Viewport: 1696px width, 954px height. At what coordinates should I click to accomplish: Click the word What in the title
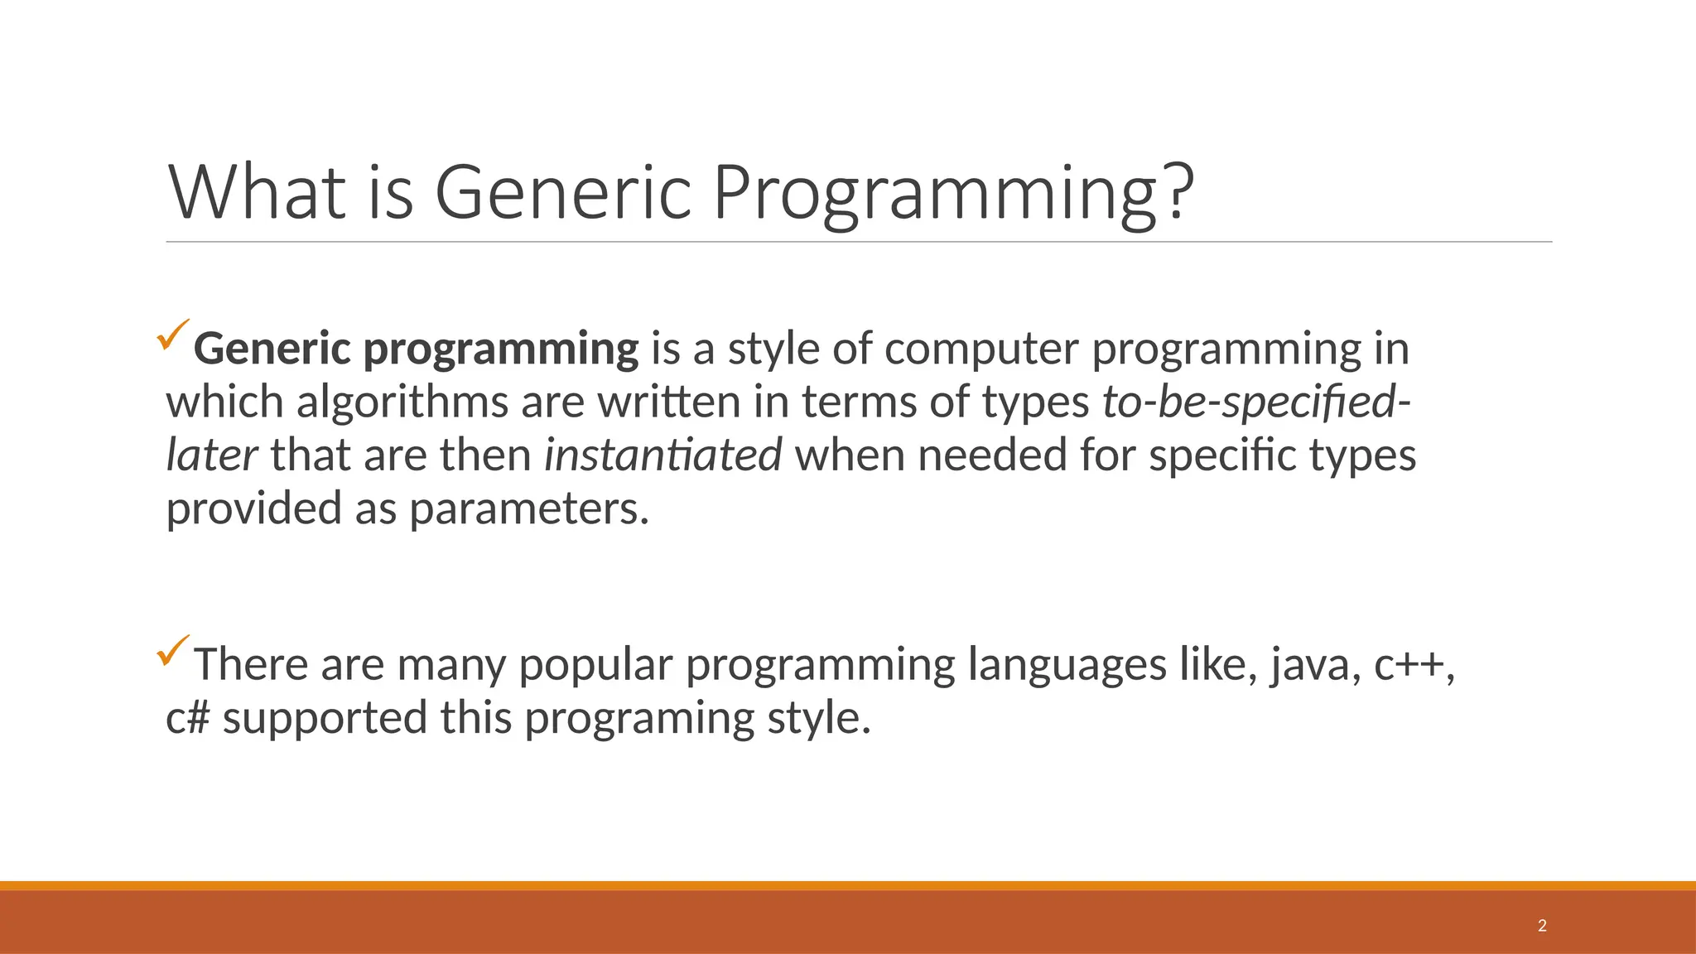[257, 192]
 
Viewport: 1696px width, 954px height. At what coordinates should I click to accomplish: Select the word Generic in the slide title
[563, 192]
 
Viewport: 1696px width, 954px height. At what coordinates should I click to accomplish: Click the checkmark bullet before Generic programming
[172, 335]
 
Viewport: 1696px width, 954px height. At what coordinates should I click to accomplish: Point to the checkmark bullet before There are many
[172, 650]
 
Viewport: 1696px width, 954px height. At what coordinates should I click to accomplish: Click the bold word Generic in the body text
[272, 349]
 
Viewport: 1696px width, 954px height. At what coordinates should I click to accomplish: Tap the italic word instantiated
[662, 455]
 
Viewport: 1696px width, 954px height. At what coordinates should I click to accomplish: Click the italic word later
[211, 455]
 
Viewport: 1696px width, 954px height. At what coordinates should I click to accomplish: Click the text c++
[1410, 665]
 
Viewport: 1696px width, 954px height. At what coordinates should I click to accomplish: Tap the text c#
[186, 718]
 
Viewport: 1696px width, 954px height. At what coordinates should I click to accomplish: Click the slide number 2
[1542, 926]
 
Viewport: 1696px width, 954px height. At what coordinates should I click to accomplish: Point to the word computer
[980, 349]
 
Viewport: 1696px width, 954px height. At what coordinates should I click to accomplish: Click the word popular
[595, 665]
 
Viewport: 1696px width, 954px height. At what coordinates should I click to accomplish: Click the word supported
[325, 718]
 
